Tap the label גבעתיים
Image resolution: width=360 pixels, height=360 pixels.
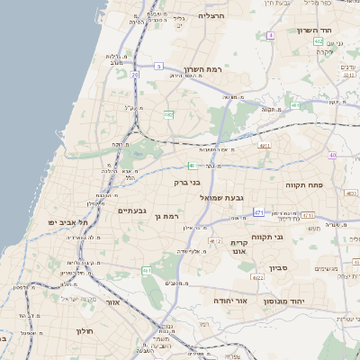pos(132,211)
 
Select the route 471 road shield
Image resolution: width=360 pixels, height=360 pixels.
pos(258,212)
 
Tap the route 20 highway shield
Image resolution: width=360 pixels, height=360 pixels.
pos(136,76)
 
